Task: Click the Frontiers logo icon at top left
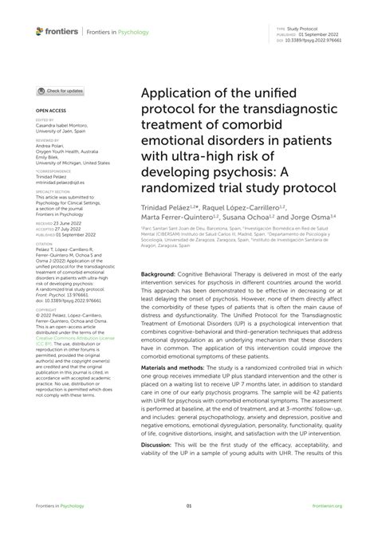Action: coord(40,30)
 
